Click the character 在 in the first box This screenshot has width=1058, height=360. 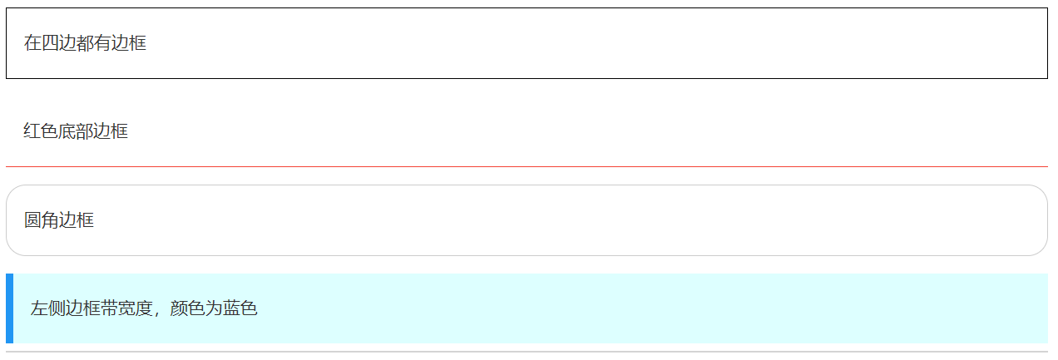pos(32,43)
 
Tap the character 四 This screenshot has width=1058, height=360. pos(50,43)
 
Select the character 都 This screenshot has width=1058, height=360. pos(85,43)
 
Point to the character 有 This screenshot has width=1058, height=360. pos(102,43)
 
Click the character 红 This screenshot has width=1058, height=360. pos(32,131)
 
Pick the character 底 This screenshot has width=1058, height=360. pos(67,131)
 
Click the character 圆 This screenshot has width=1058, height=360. pos(32,220)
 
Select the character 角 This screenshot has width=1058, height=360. pos(50,220)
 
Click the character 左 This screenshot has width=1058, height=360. pos(40,308)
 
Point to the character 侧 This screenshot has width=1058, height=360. pos(57,308)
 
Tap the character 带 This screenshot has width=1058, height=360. pos(110,308)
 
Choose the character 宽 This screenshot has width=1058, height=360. pos(127,308)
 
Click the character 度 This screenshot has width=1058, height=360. pos(145,308)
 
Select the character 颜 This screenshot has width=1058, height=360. pos(179,308)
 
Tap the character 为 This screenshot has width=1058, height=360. pos(214,308)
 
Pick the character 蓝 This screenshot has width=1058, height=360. pos(231,308)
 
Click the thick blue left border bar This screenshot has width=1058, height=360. pos(9,308)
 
